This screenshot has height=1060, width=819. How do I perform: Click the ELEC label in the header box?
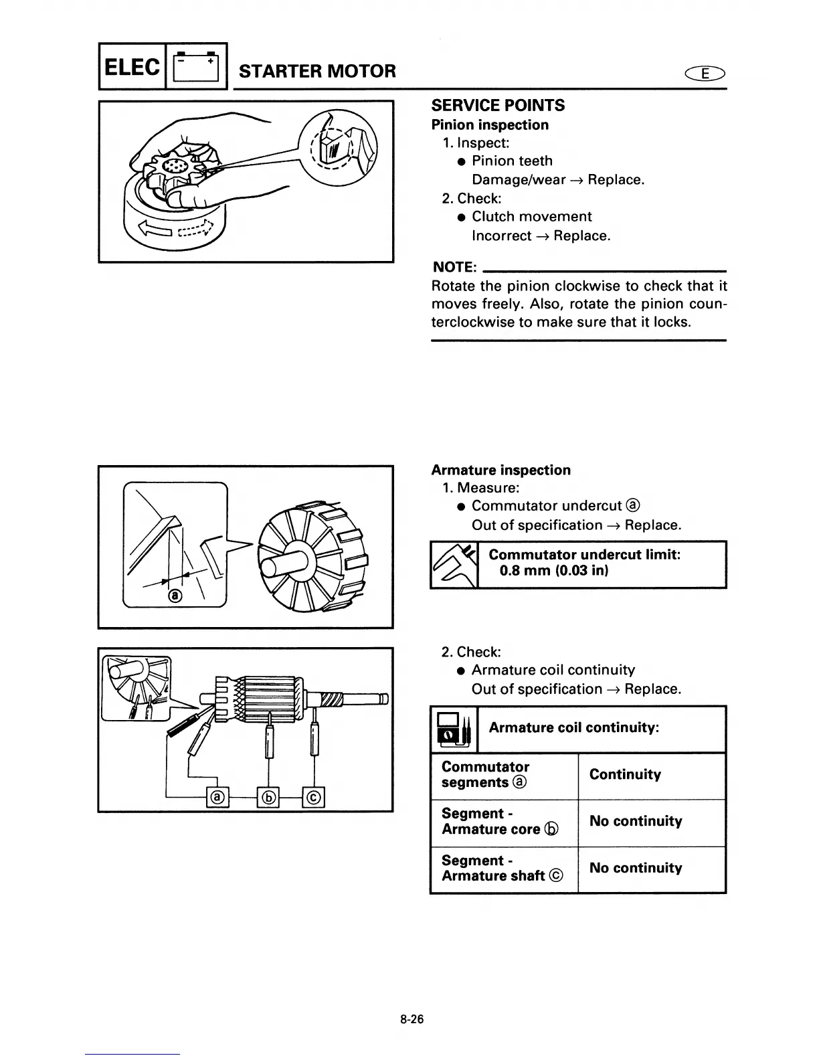[x=132, y=68]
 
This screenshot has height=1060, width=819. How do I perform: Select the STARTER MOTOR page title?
[x=317, y=71]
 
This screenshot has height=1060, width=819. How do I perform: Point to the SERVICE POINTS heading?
[x=498, y=106]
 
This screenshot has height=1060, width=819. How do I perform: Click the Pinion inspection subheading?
[x=490, y=125]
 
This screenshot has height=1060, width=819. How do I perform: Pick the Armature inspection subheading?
[x=500, y=470]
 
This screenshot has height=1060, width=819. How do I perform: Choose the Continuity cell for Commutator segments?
[x=625, y=775]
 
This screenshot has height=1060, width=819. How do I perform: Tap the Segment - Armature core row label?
[x=500, y=822]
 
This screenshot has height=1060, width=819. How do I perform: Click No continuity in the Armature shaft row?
[x=636, y=869]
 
